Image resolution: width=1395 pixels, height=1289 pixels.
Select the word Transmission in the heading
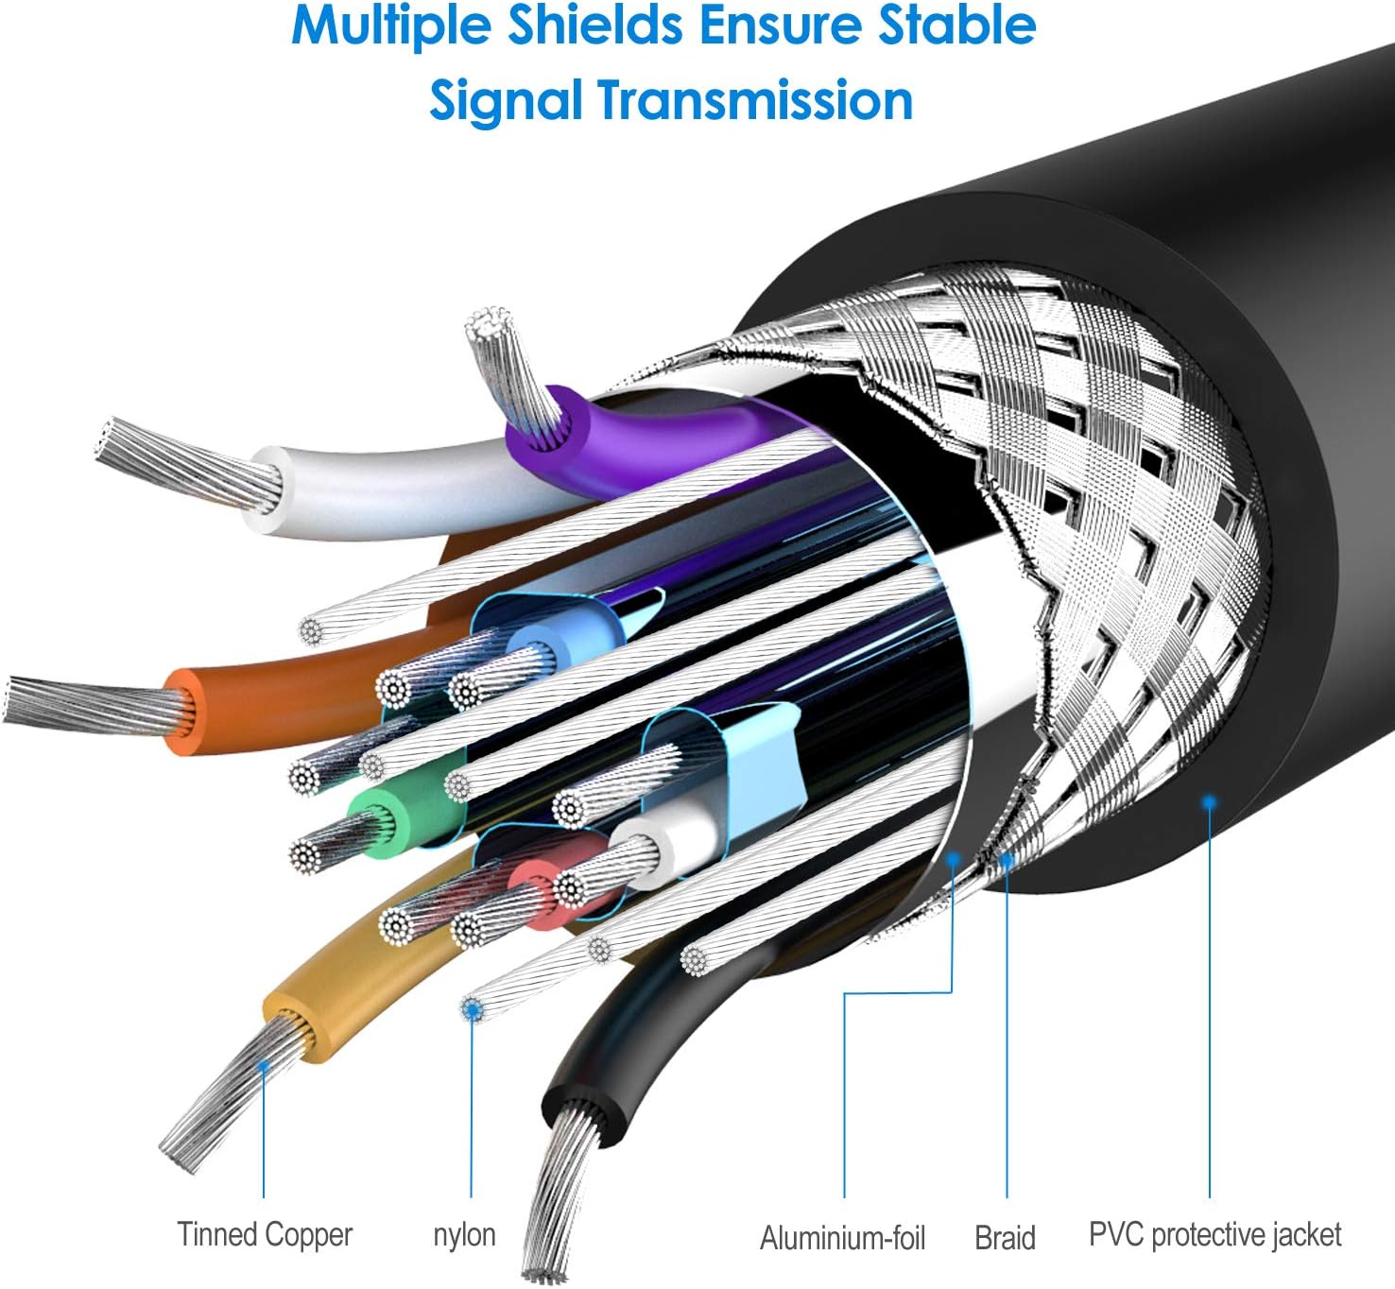tap(755, 100)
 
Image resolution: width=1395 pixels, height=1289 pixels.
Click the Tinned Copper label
tap(265, 1234)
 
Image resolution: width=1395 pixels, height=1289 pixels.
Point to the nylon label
tap(464, 1234)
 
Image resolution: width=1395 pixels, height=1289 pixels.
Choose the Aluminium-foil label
tap(842, 1237)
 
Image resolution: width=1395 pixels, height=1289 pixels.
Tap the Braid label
tap(1005, 1237)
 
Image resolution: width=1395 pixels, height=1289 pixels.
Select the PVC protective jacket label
tap(1214, 1234)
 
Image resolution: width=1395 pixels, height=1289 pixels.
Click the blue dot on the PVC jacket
tap(1209, 801)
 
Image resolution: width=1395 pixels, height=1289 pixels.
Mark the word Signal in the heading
tap(506, 100)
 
